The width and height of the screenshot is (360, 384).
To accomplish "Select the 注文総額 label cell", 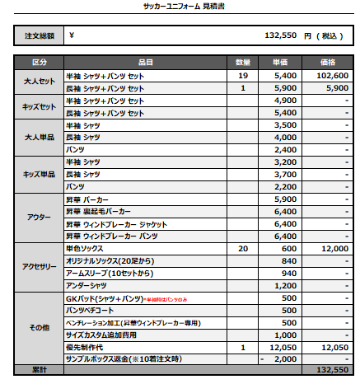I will [x=40, y=36].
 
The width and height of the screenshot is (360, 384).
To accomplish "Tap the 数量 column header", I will [x=243, y=63].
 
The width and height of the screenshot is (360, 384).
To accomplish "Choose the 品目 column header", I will [x=146, y=63].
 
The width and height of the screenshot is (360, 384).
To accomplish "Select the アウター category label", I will [x=40, y=218].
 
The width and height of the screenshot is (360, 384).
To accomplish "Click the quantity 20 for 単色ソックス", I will [x=243, y=249].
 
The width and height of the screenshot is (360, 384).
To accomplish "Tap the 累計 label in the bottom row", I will [x=40, y=371].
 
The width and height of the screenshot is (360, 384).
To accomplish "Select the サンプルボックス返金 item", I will [x=124, y=360].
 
